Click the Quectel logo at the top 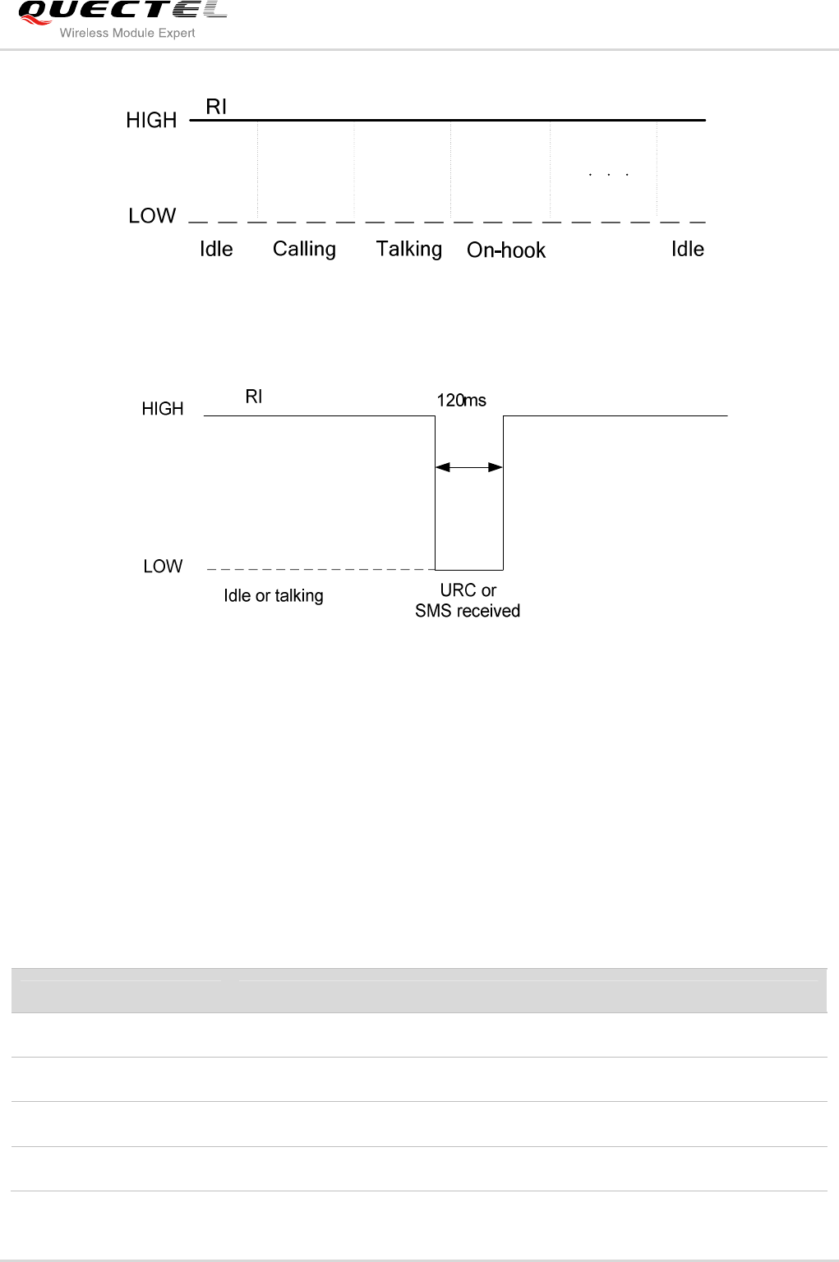(x=122, y=11)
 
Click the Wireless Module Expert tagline (x=127, y=33)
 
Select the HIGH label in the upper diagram (x=151, y=121)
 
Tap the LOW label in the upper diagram (x=152, y=216)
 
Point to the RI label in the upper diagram (x=216, y=107)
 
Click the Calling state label (x=304, y=249)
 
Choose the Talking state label (x=408, y=249)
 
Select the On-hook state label (x=506, y=250)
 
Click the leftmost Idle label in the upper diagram (x=216, y=249)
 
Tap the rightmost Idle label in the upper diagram (x=688, y=249)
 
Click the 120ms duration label (x=461, y=401)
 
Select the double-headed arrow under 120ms (x=468, y=467)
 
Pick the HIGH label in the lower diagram (x=162, y=409)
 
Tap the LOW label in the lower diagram (x=163, y=567)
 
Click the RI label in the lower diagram (x=254, y=397)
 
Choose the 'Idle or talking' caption (x=274, y=596)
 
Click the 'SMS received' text (x=468, y=611)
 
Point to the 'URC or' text (x=468, y=590)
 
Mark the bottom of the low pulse (x=468, y=570)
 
